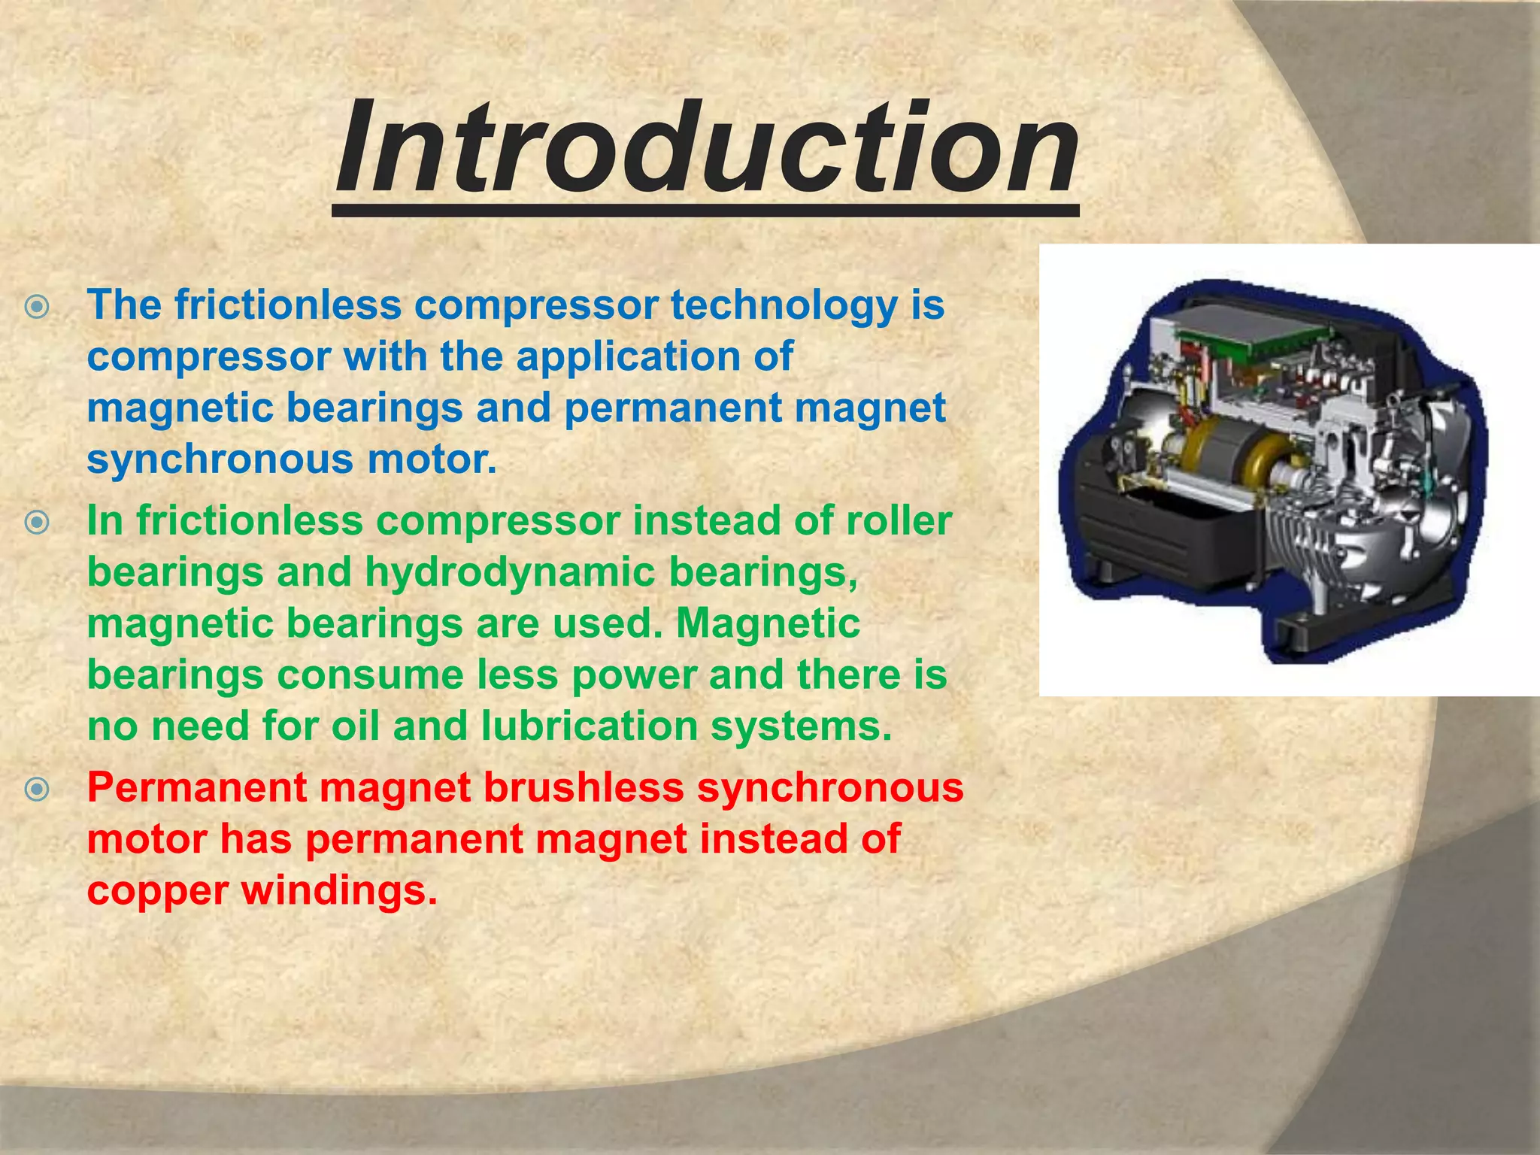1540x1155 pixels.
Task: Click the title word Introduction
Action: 707,149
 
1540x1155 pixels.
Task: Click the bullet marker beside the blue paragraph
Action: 37,307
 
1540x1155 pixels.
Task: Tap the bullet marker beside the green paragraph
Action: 37,522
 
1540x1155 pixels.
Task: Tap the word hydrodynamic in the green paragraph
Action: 511,572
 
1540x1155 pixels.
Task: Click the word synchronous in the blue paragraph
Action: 219,459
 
